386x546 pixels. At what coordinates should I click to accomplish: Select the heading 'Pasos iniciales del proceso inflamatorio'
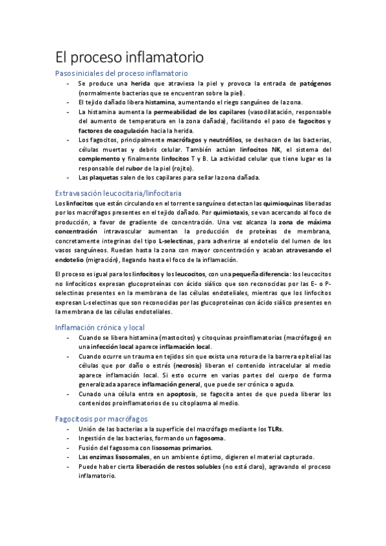coord(122,74)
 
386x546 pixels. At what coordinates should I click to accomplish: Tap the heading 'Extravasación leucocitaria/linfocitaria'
coord(119,193)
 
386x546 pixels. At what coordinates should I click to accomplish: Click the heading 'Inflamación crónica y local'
coord(100,327)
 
